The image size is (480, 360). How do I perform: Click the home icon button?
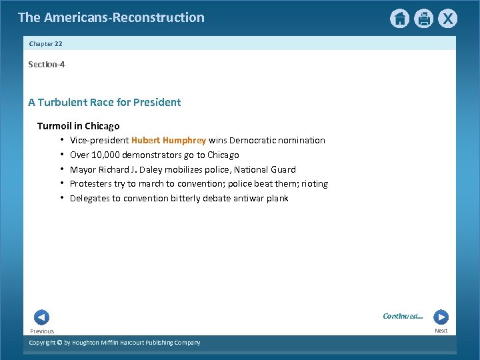point(399,19)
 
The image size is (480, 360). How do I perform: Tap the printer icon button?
point(424,19)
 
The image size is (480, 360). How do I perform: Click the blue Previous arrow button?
point(41,318)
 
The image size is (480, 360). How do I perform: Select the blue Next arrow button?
point(441,317)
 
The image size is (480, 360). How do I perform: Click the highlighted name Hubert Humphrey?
point(169,140)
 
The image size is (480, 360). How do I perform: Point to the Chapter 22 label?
point(45,43)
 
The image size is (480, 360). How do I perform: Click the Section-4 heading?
point(46,65)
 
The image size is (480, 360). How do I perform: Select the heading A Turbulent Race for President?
point(104,102)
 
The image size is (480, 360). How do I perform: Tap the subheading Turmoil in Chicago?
point(78,125)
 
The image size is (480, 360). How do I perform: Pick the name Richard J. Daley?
point(133,169)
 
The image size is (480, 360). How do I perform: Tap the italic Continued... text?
point(403,316)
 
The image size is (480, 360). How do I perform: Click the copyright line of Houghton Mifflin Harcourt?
point(114,343)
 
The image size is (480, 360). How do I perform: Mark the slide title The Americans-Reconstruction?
point(111,17)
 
